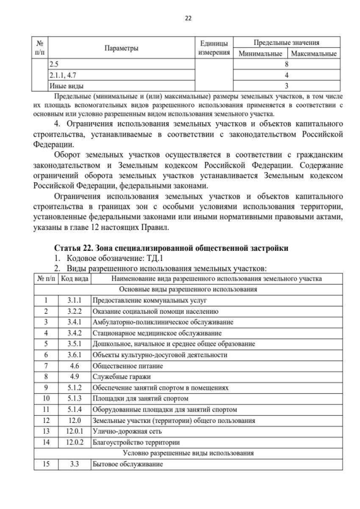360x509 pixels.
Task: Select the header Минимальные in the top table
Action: click(260, 54)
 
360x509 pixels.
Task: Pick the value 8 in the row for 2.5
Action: click(287, 65)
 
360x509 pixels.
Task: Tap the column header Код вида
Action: click(74, 278)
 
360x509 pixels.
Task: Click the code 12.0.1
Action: click(74, 431)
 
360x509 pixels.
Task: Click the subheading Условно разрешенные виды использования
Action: click(188, 453)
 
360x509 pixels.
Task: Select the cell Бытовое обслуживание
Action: click(127, 465)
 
